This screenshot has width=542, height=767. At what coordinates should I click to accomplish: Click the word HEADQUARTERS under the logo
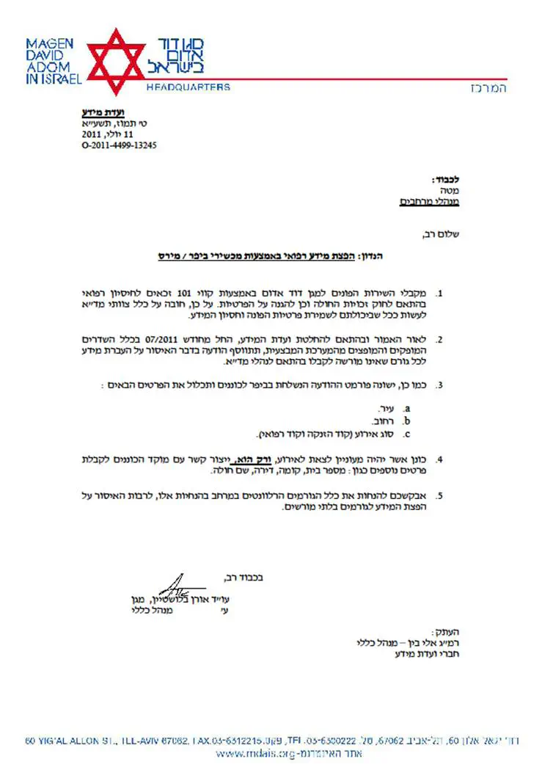(188, 87)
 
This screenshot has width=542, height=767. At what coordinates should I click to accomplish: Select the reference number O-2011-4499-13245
(119, 145)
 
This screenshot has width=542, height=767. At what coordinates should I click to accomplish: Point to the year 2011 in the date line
(92, 135)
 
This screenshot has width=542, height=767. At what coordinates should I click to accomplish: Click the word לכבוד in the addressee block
(446, 179)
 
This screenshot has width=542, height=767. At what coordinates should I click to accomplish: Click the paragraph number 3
(440, 385)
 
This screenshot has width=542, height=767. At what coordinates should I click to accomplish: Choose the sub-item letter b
(407, 421)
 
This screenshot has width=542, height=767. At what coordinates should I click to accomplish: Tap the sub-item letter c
(407, 433)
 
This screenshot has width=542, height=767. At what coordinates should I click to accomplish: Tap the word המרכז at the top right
(488, 88)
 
